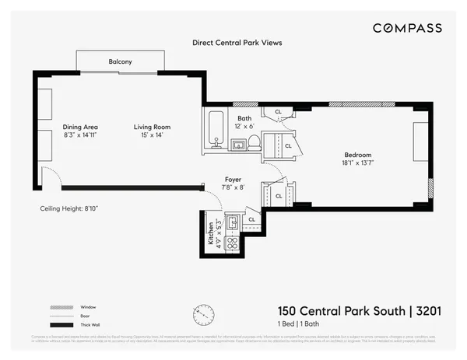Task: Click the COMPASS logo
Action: coord(406,28)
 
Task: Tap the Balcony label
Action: coord(121,61)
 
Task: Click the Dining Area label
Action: coord(80,127)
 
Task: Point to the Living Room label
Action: coord(152,127)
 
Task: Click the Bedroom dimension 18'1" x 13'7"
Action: coord(359,163)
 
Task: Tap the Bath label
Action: coord(244,119)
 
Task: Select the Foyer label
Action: coord(233,178)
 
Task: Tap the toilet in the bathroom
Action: coord(253,142)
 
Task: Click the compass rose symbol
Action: coord(204,315)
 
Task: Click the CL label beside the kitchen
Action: coord(251,220)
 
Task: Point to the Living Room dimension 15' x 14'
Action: coord(152,135)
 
